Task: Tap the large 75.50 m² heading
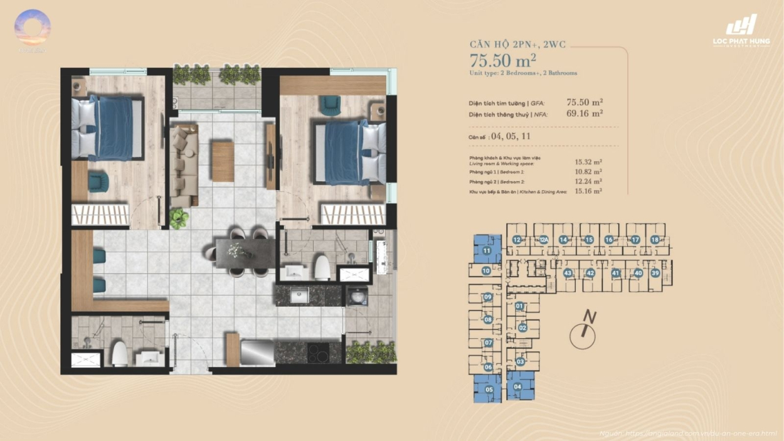(503, 61)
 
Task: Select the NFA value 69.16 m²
(585, 114)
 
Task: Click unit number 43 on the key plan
(568, 273)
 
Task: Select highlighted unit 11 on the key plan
(487, 250)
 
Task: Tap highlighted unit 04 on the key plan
(517, 386)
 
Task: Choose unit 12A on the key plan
(544, 240)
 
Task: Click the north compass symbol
(583, 334)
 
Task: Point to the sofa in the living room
(184, 164)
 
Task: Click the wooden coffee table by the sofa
(222, 162)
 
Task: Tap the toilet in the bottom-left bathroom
(120, 354)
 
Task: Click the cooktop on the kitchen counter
(319, 353)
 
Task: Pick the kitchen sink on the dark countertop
(299, 295)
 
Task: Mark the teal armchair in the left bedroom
(98, 182)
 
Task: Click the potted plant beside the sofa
(179, 218)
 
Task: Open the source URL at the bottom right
(687, 433)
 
